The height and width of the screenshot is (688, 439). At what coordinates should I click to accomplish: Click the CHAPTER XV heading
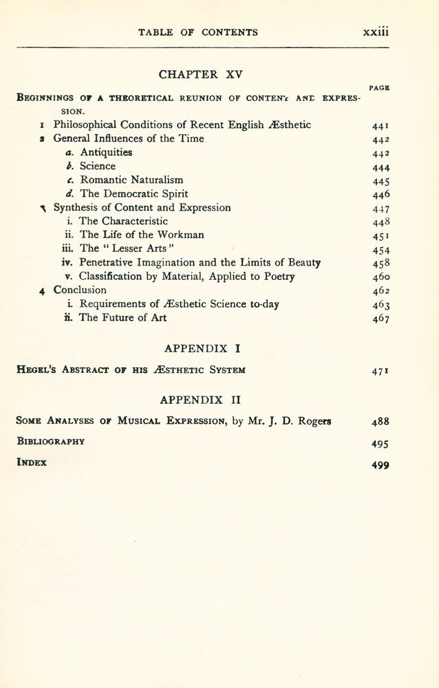(198, 74)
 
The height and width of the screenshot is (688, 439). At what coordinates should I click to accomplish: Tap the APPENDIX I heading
(198, 349)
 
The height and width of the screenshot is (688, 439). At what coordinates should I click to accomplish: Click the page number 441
(381, 125)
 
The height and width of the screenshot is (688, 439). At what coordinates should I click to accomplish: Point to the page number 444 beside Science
(381, 166)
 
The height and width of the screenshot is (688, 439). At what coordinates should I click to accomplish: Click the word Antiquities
(106, 152)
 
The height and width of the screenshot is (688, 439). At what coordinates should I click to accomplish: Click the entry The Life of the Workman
(141, 235)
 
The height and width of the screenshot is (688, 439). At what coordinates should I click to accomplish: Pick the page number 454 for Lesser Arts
(381, 249)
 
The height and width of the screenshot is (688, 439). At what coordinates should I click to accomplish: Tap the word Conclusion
(80, 290)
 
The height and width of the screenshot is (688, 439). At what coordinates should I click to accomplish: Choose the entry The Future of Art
(122, 317)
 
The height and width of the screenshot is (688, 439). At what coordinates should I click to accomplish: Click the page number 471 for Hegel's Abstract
(381, 370)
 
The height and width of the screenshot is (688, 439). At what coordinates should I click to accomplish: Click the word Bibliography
(50, 441)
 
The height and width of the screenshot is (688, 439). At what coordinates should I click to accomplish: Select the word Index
(32, 462)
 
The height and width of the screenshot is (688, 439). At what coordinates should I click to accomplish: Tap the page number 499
(381, 464)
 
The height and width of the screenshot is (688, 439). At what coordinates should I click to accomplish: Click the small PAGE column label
(380, 88)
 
